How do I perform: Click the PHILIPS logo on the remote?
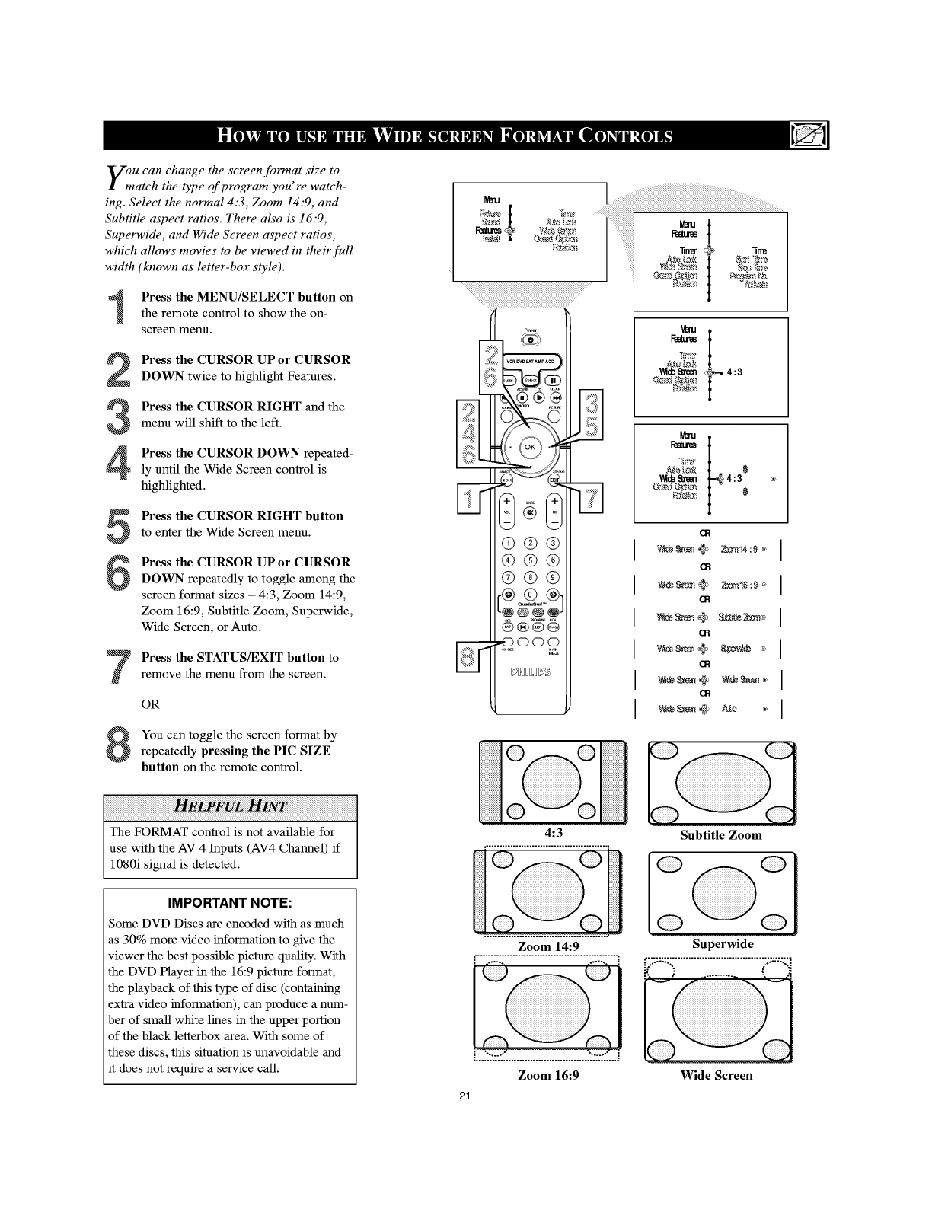pos(531,672)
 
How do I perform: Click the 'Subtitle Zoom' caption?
pos(720,835)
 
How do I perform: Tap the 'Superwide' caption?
pos(723,944)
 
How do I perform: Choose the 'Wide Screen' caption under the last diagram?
pos(716,1075)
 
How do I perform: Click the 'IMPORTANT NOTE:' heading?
pos(230,903)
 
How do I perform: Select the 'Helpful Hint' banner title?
pos(230,806)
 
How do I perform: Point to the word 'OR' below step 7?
pos(151,704)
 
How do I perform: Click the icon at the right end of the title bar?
pos(805,137)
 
